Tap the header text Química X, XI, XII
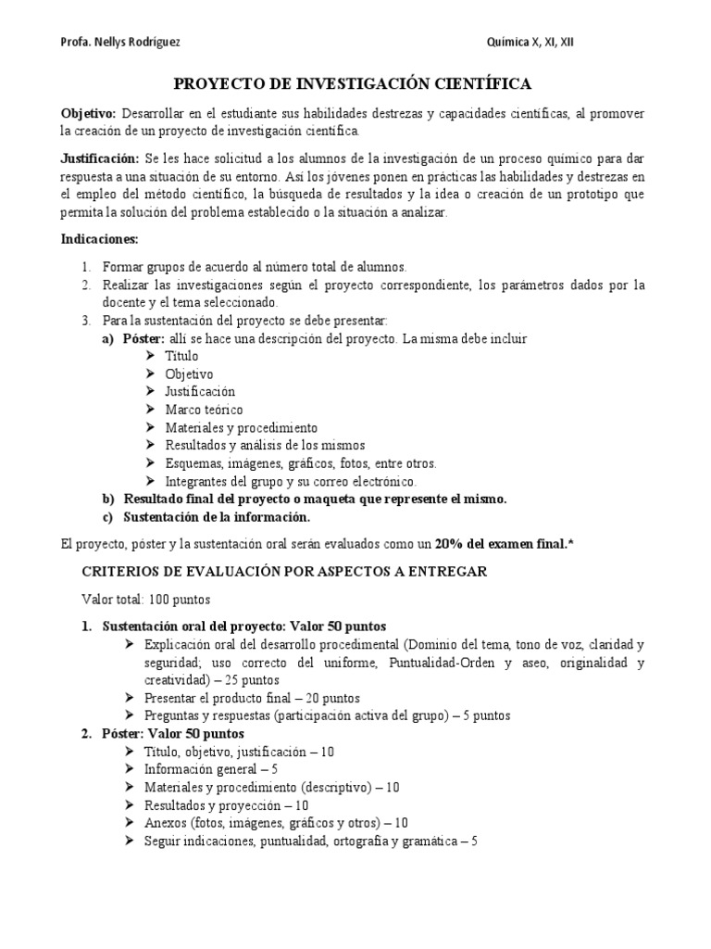coord(535,43)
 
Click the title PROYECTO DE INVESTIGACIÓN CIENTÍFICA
coord(354,84)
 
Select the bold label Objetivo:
coord(89,113)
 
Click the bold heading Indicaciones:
coord(99,239)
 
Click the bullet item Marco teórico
coord(204,410)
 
